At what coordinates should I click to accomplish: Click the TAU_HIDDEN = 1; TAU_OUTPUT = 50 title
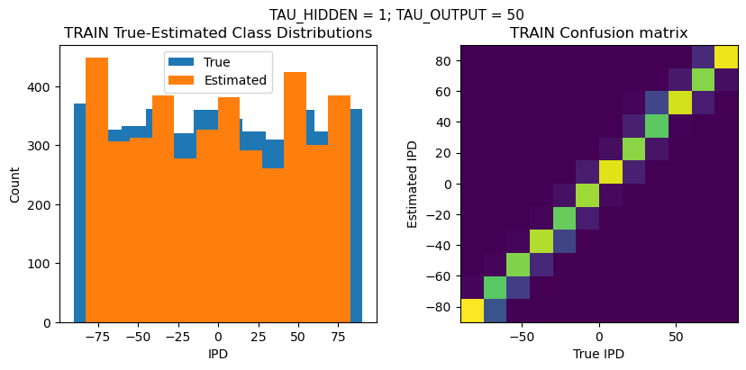(x=396, y=14)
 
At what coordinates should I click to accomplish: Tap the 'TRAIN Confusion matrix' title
(x=598, y=33)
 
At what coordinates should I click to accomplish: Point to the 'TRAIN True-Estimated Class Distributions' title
(x=218, y=33)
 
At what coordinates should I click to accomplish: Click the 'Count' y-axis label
(x=14, y=184)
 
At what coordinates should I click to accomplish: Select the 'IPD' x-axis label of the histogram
(x=218, y=354)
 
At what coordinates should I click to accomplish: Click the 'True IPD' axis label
(x=598, y=354)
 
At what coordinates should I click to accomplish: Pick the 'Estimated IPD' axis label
(x=414, y=184)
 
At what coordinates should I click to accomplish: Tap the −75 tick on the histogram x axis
(x=97, y=337)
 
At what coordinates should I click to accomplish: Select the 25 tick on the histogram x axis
(x=258, y=337)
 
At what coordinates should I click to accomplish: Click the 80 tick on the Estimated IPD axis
(x=441, y=60)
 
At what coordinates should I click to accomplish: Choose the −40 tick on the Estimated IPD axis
(x=439, y=245)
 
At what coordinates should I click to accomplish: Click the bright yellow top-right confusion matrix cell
(x=726, y=57)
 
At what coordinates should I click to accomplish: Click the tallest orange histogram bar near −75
(x=97, y=189)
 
